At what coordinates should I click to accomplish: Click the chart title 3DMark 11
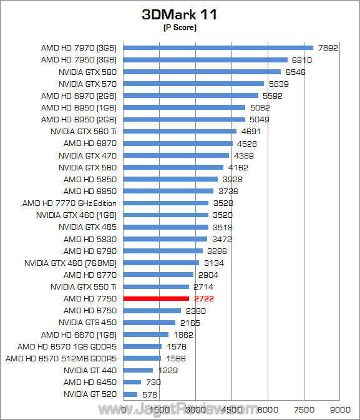180,15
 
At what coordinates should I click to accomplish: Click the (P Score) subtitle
180,28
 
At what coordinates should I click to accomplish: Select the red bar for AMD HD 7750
156,299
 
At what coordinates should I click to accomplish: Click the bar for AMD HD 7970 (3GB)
218,47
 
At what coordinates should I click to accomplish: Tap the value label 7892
328,48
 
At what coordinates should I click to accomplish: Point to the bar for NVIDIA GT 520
130,394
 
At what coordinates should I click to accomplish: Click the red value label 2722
204,299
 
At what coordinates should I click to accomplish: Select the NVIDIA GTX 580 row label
87,72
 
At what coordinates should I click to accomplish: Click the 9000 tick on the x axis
339,409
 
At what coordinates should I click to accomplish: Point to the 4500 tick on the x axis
231,409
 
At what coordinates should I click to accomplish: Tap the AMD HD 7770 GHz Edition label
69,203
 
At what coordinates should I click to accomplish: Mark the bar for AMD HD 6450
132,383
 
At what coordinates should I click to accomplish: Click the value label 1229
167,371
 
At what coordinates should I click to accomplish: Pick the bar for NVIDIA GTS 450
149,323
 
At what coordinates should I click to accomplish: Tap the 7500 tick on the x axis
303,409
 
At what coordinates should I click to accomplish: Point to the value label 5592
273,95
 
